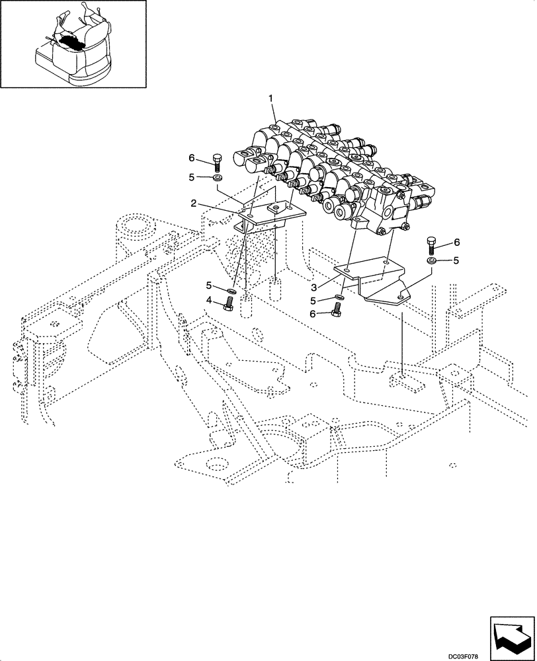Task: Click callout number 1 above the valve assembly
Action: pyautogui.click(x=270, y=98)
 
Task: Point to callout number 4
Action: pyautogui.click(x=209, y=301)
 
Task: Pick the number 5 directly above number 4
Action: pyautogui.click(x=209, y=286)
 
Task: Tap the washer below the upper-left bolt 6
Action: pyautogui.click(x=216, y=178)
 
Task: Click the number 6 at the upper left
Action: pyautogui.click(x=192, y=158)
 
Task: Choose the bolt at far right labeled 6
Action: pyautogui.click(x=431, y=244)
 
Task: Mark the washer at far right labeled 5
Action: pyautogui.click(x=431, y=262)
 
